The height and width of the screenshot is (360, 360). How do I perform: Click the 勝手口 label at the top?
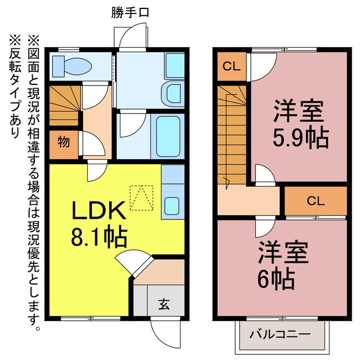(x=129, y=11)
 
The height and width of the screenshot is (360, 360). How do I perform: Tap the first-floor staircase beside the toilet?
(x=64, y=106)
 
